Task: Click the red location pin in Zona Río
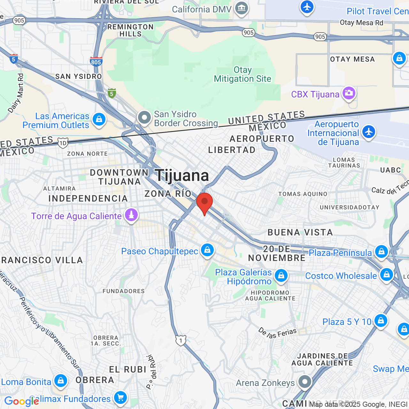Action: pyautogui.click(x=204, y=203)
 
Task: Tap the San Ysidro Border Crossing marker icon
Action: pyautogui.click(x=144, y=118)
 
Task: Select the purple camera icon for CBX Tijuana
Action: pyautogui.click(x=349, y=93)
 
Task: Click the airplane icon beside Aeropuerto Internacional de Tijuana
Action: pyautogui.click(x=369, y=132)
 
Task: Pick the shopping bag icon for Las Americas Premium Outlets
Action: pyautogui.click(x=99, y=120)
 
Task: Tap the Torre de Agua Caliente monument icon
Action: pyautogui.click(x=131, y=215)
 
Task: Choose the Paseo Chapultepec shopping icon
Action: pyautogui.click(x=207, y=250)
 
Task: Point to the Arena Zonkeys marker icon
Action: pyautogui.click(x=305, y=382)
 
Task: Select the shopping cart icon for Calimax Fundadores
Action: pyautogui.click(x=120, y=398)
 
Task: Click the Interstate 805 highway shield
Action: pyautogui.click(x=96, y=61)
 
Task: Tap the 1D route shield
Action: pyautogui.click(x=63, y=143)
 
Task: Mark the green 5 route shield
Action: pyautogui.click(x=112, y=93)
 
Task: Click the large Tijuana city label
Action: pyautogui.click(x=182, y=175)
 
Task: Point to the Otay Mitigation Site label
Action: pyautogui.click(x=243, y=74)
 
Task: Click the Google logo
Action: pyautogui.click(x=21, y=401)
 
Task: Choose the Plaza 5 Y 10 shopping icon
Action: pyautogui.click(x=381, y=320)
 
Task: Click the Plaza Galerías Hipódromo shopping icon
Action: pyautogui.click(x=281, y=275)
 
